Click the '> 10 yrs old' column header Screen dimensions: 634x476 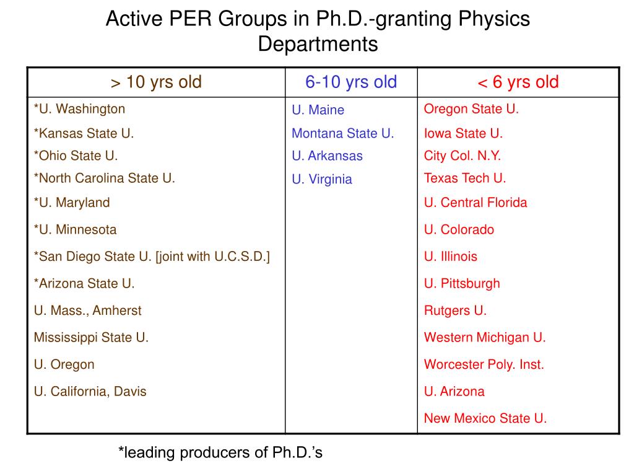pos(156,82)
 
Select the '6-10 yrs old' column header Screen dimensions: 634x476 pos(351,82)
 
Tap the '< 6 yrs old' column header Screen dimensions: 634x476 pos(518,82)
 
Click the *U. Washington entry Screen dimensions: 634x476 pos(80,109)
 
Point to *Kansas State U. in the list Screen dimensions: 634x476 pos(84,133)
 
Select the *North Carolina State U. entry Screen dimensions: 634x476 pos(104,178)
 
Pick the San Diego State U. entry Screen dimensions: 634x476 pos(152,257)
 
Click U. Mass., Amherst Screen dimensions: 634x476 pos(88,311)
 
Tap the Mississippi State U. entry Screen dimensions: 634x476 pos(92,338)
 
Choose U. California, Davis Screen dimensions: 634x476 pos(90,392)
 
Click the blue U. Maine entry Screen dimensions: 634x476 pos(318,110)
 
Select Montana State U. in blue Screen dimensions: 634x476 pos(343,133)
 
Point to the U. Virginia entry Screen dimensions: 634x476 pos(322,179)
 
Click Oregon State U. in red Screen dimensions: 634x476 pos(471,109)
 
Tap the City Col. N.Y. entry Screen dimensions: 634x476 pos(462,156)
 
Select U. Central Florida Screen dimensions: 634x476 pos(475,203)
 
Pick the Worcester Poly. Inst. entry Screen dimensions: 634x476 pos(484,364)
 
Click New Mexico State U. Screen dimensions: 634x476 pos(485,418)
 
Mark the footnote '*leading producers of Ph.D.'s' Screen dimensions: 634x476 pos(220,452)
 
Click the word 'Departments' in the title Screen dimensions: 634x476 pos(318,44)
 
